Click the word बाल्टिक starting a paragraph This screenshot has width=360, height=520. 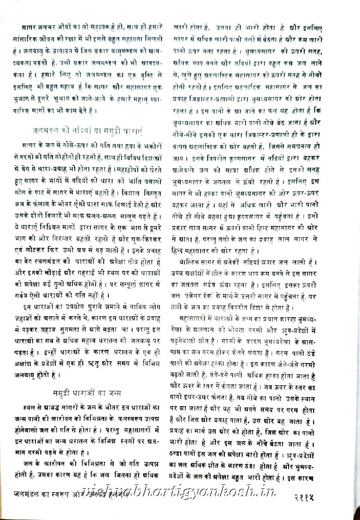point(189,262)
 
